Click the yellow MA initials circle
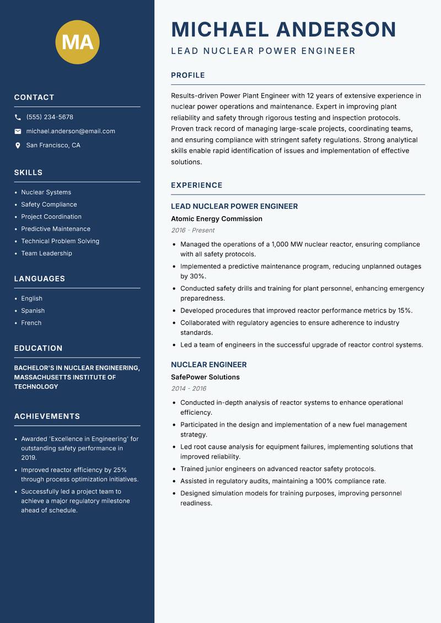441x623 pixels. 77,42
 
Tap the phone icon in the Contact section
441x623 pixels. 18,117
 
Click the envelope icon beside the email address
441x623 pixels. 18,131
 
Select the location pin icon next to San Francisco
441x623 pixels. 18,146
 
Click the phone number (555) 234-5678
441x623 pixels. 50,117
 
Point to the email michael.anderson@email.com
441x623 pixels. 71,131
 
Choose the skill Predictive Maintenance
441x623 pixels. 56,229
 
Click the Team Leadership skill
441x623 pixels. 46,254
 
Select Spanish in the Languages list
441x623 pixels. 33,311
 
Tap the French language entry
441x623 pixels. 31,323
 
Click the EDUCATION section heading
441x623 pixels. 38,348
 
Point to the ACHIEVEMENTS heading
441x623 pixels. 47,416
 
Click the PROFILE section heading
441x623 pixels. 187,76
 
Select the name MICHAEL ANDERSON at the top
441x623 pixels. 283,29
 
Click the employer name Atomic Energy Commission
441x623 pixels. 217,219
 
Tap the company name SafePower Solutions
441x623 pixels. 205,377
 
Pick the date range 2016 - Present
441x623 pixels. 192,230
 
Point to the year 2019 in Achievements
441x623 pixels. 29,458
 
